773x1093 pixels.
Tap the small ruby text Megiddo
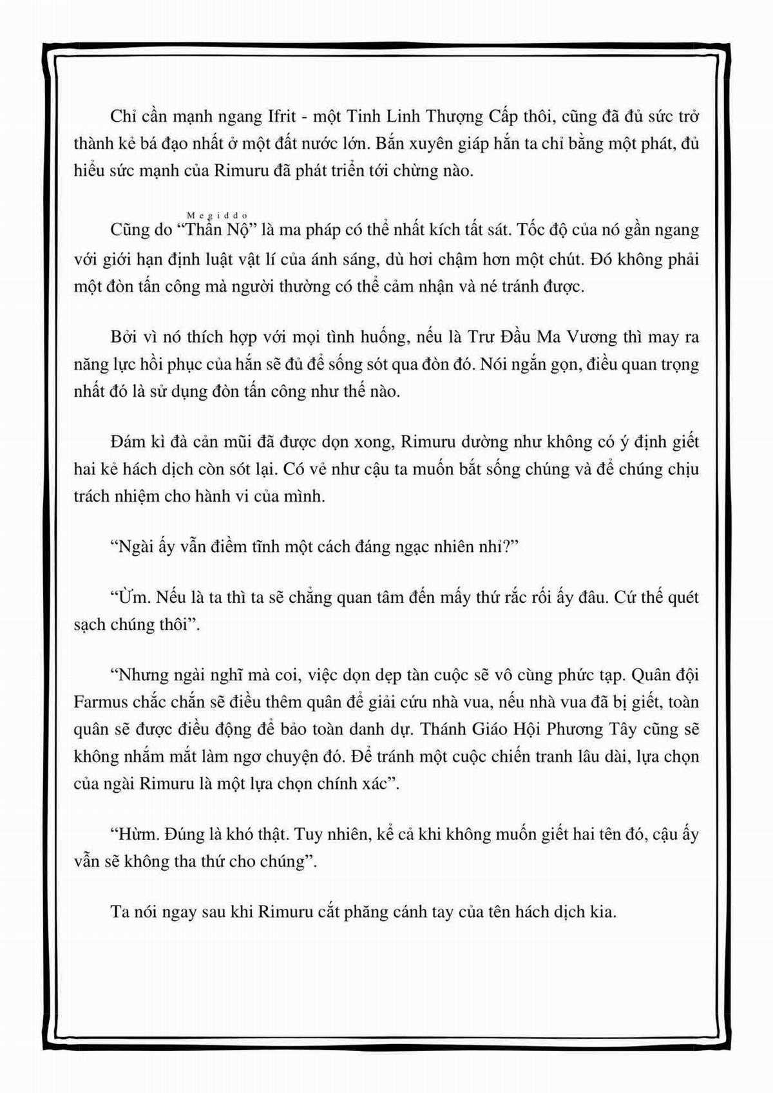(219, 214)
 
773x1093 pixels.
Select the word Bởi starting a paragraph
(124, 337)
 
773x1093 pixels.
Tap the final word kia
(603, 912)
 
